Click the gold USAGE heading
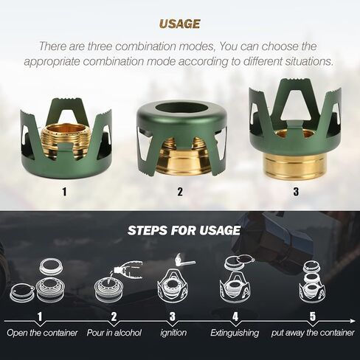(x=179, y=24)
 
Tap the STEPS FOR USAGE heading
(x=184, y=230)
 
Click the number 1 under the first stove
(x=64, y=192)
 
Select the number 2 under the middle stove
(x=180, y=192)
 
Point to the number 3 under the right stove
(x=296, y=192)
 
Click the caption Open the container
(x=42, y=333)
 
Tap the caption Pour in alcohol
(x=114, y=333)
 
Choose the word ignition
(x=173, y=333)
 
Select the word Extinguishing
(x=235, y=333)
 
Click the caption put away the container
(x=313, y=333)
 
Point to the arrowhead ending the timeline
(x=353, y=321)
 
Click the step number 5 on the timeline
(x=312, y=316)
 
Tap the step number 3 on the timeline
(x=173, y=316)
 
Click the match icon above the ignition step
(x=185, y=260)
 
